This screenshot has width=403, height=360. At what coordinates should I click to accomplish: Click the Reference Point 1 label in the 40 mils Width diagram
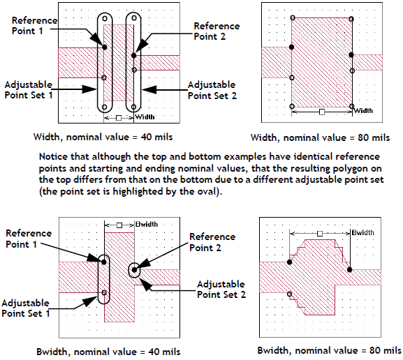pyautogui.click(x=34, y=26)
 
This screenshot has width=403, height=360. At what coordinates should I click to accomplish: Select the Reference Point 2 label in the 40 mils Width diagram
pyautogui.click(x=217, y=31)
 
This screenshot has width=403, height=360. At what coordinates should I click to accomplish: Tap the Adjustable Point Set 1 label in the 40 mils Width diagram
pyautogui.click(x=28, y=90)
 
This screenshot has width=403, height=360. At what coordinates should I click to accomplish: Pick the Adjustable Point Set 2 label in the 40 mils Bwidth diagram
pyautogui.click(x=221, y=290)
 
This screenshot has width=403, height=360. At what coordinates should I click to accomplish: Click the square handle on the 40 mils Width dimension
pyautogui.click(x=119, y=118)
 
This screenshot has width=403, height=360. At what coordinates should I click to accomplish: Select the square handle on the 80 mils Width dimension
pyautogui.click(x=322, y=112)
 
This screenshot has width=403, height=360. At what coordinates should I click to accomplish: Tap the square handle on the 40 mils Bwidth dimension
pyautogui.click(x=119, y=225)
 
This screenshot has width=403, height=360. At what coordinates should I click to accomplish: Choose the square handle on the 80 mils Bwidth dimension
pyautogui.click(x=320, y=234)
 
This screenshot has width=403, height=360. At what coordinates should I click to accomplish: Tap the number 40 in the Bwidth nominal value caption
pyautogui.click(x=154, y=352)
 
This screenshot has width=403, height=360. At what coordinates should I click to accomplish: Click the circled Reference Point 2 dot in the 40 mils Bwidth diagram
pyautogui.click(x=134, y=270)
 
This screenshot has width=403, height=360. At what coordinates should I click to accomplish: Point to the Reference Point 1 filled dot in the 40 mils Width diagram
pyautogui.click(x=105, y=47)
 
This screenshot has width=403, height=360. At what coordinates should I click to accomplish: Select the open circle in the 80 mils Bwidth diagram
pyautogui.click(x=290, y=294)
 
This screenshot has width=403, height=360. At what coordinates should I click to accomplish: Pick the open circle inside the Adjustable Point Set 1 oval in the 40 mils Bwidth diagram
pyautogui.click(x=104, y=293)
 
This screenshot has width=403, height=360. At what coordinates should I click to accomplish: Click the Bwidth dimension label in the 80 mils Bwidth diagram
pyautogui.click(x=363, y=232)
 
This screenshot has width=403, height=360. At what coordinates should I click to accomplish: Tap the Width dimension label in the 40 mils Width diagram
pyautogui.click(x=145, y=117)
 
